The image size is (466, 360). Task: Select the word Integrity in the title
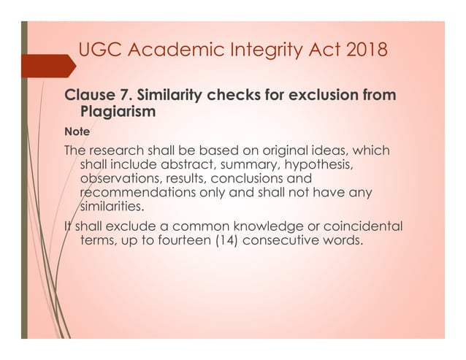pos(266,52)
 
